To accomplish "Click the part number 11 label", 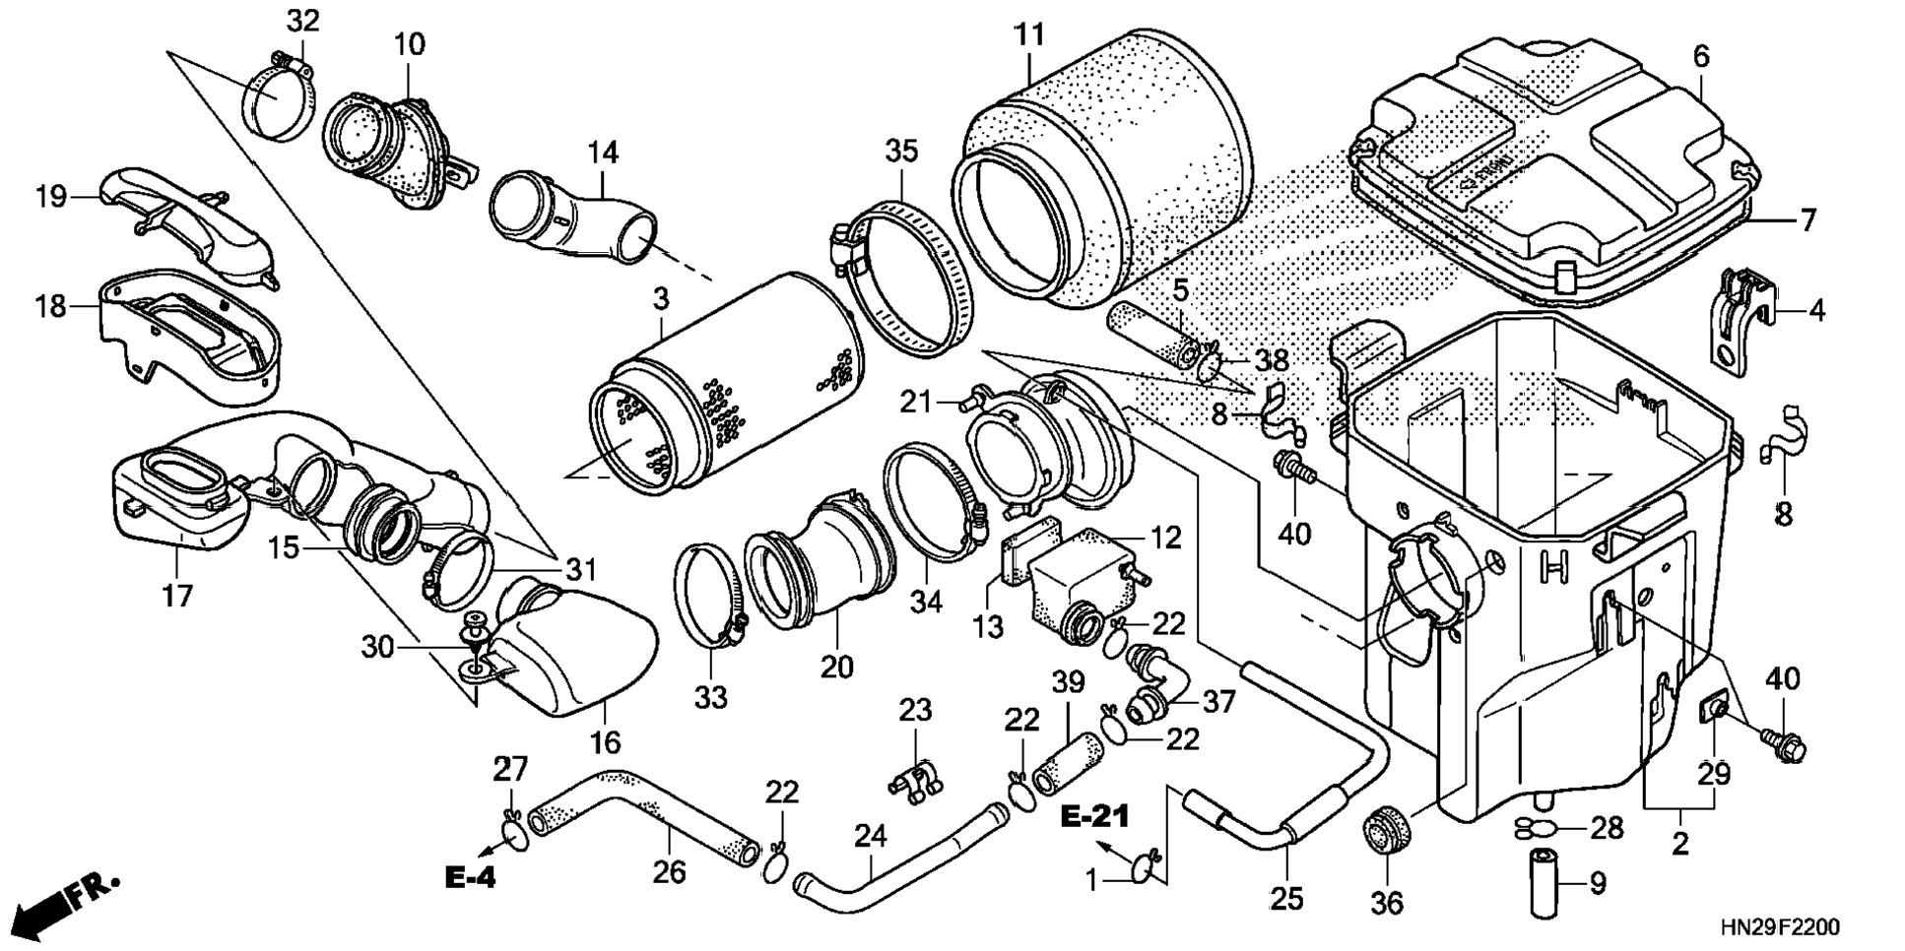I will pyautogui.click(x=1029, y=35).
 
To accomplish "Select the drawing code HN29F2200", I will pyautogui.click(x=1779, y=927).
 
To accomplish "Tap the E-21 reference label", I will pyautogui.click(x=1094, y=817).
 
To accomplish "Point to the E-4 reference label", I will pyautogui.click(x=470, y=878).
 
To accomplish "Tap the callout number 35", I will pyautogui.click(x=900, y=151).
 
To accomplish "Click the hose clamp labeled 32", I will pyautogui.click(x=278, y=98).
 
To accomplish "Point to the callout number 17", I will pyautogui.click(x=177, y=596).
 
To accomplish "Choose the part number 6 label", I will pyautogui.click(x=1701, y=57).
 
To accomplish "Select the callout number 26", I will pyautogui.click(x=669, y=871).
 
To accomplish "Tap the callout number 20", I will pyautogui.click(x=836, y=667).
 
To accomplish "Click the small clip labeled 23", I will pyautogui.click(x=917, y=777).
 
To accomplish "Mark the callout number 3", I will pyautogui.click(x=660, y=296).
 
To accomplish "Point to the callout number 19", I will pyautogui.click(x=51, y=197).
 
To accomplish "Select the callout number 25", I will pyautogui.click(x=1286, y=897).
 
